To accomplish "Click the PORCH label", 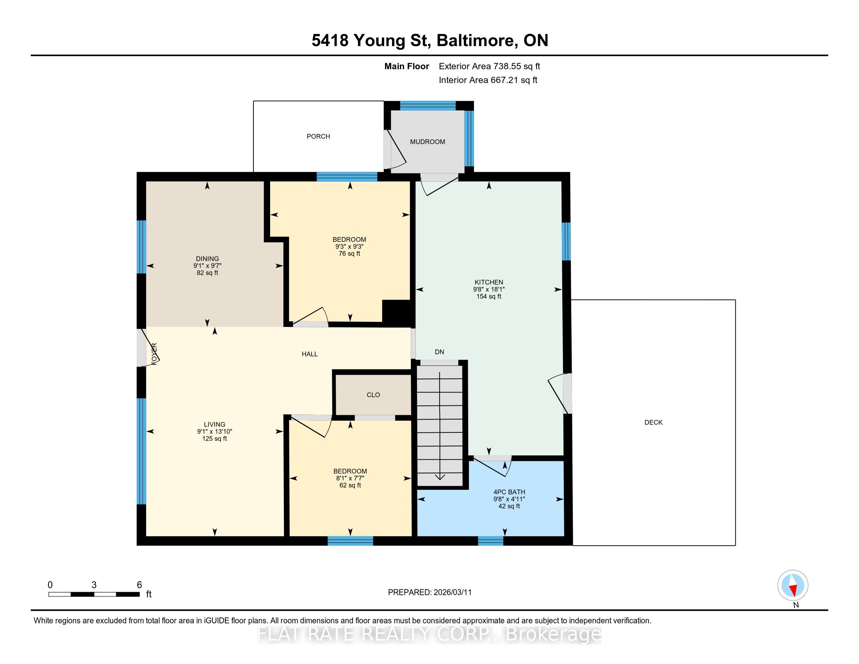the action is (x=318, y=136).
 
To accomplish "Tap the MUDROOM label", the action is (x=428, y=142).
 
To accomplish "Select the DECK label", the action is (x=653, y=423).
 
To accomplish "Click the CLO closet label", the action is (x=373, y=395).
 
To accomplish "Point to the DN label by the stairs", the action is (x=439, y=352).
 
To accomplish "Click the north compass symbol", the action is (x=793, y=585).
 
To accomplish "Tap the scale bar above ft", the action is (x=94, y=594).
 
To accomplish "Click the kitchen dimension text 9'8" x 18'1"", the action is (x=489, y=289).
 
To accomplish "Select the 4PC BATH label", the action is (x=509, y=492).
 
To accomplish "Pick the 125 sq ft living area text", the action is (x=215, y=439).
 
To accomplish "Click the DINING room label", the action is (x=207, y=259).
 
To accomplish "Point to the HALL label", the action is (x=310, y=354).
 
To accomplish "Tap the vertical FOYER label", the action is (x=155, y=353).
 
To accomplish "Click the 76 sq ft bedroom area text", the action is (x=349, y=254).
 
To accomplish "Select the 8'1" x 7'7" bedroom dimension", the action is (x=350, y=478).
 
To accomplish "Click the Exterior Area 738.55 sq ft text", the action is (x=489, y=66).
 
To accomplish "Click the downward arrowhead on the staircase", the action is (x=440, y=477).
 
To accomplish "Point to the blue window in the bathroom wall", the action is (x=490, y=541).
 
